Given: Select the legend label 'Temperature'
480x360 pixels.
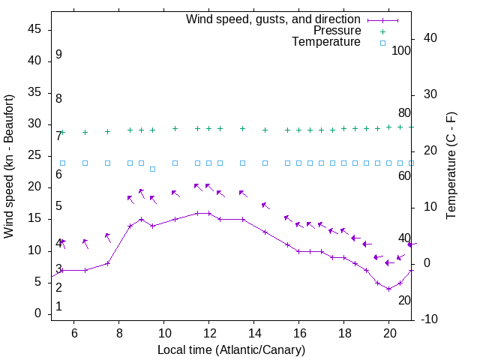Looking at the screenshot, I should tap(326, 42).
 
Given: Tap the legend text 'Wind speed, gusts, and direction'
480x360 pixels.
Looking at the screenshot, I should tap(273, 19).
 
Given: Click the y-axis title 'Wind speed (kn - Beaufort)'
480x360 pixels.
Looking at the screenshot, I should tap(9, 166).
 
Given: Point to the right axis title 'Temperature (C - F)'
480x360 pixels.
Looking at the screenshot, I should tap(451, 166).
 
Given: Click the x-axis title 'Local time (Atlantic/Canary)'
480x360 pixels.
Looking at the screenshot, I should tap(231, 350).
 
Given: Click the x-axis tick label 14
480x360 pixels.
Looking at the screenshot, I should tap(254, 334).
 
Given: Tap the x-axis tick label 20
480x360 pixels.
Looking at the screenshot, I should tap(389, 334).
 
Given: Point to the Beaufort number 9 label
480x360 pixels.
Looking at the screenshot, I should tap(58, 55).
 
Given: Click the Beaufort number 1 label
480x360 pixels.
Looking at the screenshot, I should tap(58, 307).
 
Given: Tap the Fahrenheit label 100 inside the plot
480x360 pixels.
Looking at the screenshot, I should tap(401, 51).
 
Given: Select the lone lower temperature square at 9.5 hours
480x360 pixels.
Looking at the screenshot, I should tap(152, 169).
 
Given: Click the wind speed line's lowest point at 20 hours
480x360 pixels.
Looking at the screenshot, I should tap(388, 289).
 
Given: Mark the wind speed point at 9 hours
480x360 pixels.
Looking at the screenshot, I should tap(141, 220).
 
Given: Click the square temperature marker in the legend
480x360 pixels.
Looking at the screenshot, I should tap(382, 43).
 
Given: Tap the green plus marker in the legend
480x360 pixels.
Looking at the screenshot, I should tap(382, 31).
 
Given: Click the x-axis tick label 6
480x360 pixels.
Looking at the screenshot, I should tap(74, 334).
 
